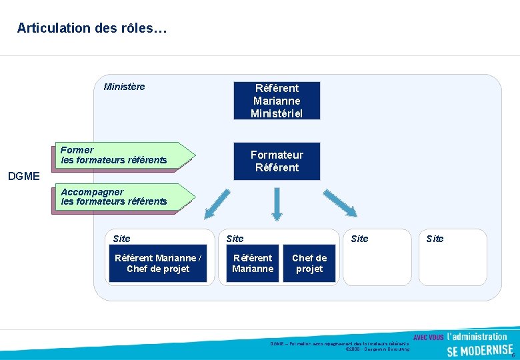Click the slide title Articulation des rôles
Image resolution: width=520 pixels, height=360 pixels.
92,28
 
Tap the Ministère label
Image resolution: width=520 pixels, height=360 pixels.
124,87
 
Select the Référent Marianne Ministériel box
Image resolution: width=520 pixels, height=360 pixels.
277,100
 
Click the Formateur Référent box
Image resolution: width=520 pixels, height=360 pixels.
277,161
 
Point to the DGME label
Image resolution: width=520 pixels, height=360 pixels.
23,177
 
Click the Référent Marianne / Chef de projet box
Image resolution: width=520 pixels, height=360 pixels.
157,263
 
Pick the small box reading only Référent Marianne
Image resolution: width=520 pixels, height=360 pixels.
252,263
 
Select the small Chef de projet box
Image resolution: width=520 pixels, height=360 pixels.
309,263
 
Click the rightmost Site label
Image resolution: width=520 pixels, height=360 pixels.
435,238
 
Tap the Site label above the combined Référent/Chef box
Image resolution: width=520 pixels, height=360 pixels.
122,238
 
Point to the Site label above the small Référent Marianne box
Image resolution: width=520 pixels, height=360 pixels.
235,238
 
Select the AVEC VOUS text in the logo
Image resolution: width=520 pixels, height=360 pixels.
429,337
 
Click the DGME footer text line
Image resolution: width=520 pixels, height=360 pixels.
339,343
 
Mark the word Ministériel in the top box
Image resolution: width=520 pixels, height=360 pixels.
277,113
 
